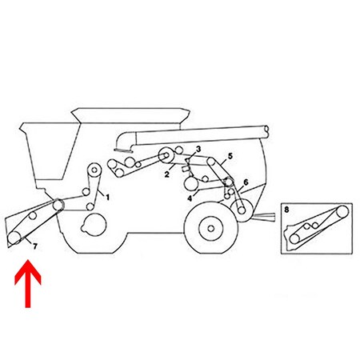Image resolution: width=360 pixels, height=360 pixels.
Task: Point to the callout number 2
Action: [165, 173]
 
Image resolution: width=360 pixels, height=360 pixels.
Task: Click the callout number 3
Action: [197, 150]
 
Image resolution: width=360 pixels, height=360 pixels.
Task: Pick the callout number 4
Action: [190, 198]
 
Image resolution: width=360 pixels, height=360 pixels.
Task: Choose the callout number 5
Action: [230, 157]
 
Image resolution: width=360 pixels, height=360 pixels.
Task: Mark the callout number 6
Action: [245, 182]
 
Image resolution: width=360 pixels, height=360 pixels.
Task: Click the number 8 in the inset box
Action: [287, 211]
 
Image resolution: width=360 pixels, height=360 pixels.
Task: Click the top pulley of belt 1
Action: [95, 169]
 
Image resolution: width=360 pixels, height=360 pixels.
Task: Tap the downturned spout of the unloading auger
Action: [122, 142]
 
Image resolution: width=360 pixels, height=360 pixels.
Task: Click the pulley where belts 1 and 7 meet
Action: [58, 204]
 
